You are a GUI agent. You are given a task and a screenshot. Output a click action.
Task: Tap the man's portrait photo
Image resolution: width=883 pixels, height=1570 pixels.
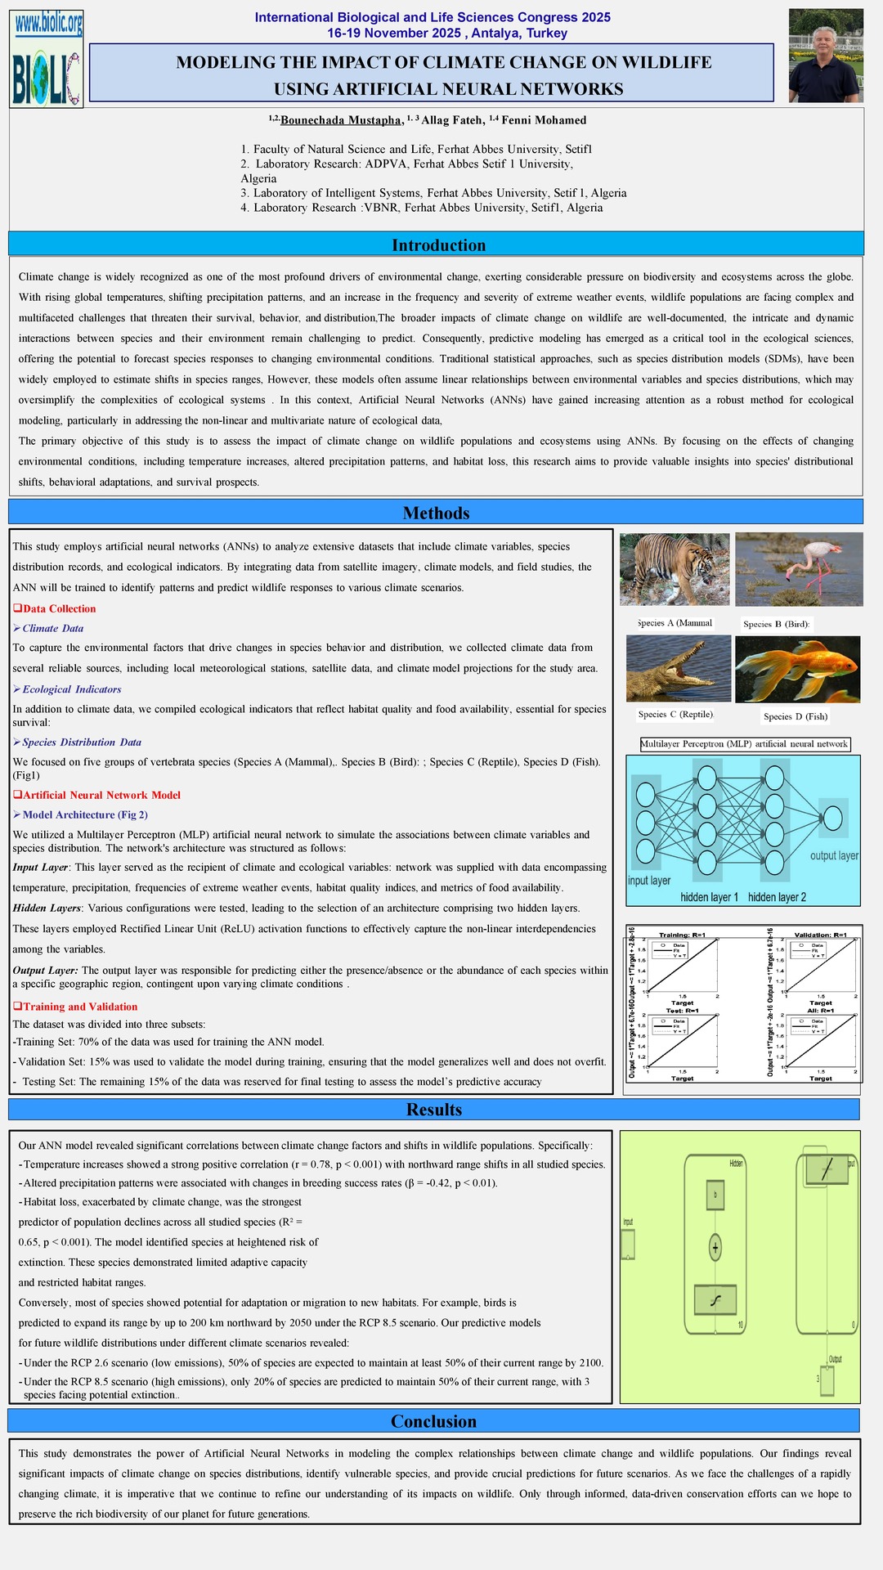coord(826,56)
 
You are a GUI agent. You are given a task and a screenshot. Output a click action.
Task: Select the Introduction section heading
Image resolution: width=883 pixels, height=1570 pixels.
coord(438,245)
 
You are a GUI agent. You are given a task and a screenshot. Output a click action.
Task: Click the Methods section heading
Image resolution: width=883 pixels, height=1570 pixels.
coord(436,513)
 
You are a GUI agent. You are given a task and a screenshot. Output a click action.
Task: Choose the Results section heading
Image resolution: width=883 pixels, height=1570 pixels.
coord(434,1110)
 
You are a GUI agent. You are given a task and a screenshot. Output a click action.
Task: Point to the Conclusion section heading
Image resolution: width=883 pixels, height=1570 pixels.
coord(433,1421)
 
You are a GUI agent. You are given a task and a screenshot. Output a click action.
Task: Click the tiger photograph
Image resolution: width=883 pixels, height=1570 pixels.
coord(675,569)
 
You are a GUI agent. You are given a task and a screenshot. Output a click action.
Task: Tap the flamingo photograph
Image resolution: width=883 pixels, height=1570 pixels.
coord(799,569)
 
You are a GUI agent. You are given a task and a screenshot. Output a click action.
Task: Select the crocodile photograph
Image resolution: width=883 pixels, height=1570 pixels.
coord(679,669)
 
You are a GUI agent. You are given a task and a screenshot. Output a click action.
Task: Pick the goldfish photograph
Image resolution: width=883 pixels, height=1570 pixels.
coord(797,670)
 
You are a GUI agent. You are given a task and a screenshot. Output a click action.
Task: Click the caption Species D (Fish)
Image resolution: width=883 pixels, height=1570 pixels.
coord(796,716)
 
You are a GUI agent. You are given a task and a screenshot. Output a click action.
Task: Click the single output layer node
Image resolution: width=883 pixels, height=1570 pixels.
coord(832,818)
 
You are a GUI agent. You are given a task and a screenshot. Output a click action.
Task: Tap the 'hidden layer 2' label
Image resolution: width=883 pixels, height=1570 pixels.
coord(777,897)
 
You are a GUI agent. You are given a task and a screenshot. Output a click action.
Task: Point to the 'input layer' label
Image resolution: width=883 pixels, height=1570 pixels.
coord(649,881)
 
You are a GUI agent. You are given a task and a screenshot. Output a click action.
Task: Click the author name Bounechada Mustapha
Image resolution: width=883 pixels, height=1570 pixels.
coord(340,120)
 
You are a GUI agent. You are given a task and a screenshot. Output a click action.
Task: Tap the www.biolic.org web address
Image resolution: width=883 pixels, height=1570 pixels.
coord(48,25)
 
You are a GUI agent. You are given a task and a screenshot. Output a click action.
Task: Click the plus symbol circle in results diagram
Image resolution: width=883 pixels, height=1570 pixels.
coord(715,1248)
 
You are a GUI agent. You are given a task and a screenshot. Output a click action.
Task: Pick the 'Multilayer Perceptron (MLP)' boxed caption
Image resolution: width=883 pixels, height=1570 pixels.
coord(744,744)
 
